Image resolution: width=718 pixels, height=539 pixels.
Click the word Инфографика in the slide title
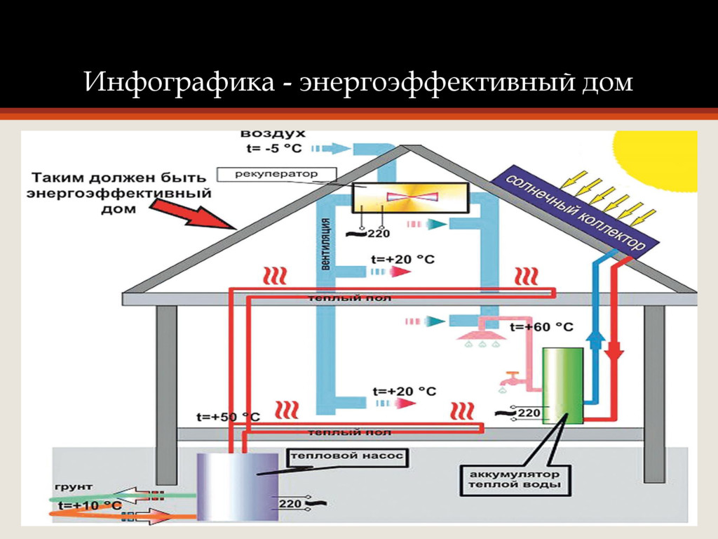pyautogui.click(x=179, y=83)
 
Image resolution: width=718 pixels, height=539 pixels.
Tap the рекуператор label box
pyautogui.click(x=277, y=173)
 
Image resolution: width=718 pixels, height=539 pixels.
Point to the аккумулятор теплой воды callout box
pyautogui.click(x=515, y=479)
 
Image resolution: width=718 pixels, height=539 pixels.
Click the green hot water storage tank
pyautogui.click(x=563, y=386)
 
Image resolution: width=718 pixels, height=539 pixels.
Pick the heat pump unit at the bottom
pyautogui.click(x=236, y=486)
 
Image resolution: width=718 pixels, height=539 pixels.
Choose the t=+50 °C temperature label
pyautogui.click(x=228, y=417)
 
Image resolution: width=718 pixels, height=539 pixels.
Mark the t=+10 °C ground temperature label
pyautogui.click(x=90, y=505)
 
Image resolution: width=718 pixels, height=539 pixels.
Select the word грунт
pyautogui.click(x=73, y=486)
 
